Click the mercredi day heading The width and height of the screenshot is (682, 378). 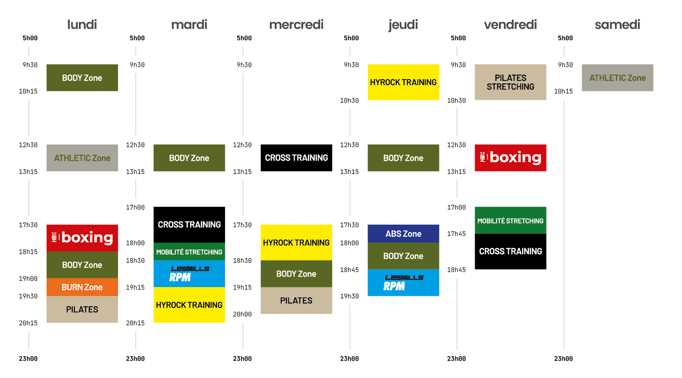296,25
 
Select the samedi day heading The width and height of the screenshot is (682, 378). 617,25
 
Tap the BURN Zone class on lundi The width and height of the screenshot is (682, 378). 82,287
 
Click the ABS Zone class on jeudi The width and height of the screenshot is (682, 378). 403,233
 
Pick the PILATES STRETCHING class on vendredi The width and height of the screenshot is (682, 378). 510,82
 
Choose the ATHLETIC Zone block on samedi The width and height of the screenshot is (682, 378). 617,78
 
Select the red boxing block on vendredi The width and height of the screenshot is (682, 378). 510,158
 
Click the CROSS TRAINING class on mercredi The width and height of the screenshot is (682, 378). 296,158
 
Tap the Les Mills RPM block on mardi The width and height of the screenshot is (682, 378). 189,274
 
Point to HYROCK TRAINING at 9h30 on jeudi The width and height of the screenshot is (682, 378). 403,82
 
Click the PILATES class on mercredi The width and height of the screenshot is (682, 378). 296,300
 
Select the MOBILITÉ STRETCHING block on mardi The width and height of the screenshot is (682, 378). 189,251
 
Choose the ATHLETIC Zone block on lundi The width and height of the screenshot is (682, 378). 82,158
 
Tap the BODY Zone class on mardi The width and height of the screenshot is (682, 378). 189,158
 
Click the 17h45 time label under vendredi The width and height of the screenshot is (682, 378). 456,234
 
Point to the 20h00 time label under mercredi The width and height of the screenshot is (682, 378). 242,314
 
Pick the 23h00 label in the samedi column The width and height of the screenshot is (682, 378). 563,359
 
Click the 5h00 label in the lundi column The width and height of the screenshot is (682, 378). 30,38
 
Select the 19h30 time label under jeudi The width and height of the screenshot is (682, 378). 349,296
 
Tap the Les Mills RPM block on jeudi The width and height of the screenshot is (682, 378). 403,282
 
